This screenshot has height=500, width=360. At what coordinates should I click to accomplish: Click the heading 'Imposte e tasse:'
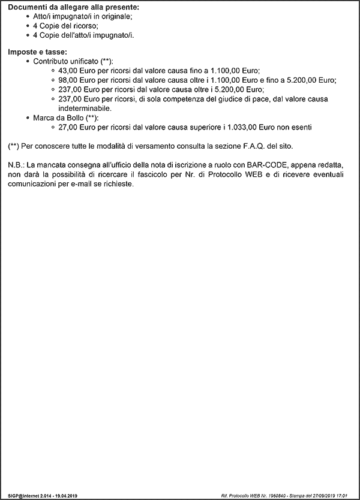click(37, 52)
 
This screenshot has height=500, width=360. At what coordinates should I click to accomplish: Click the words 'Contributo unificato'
click(66, 62)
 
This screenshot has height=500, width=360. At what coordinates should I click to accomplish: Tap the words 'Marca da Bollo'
click(58, 118)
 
